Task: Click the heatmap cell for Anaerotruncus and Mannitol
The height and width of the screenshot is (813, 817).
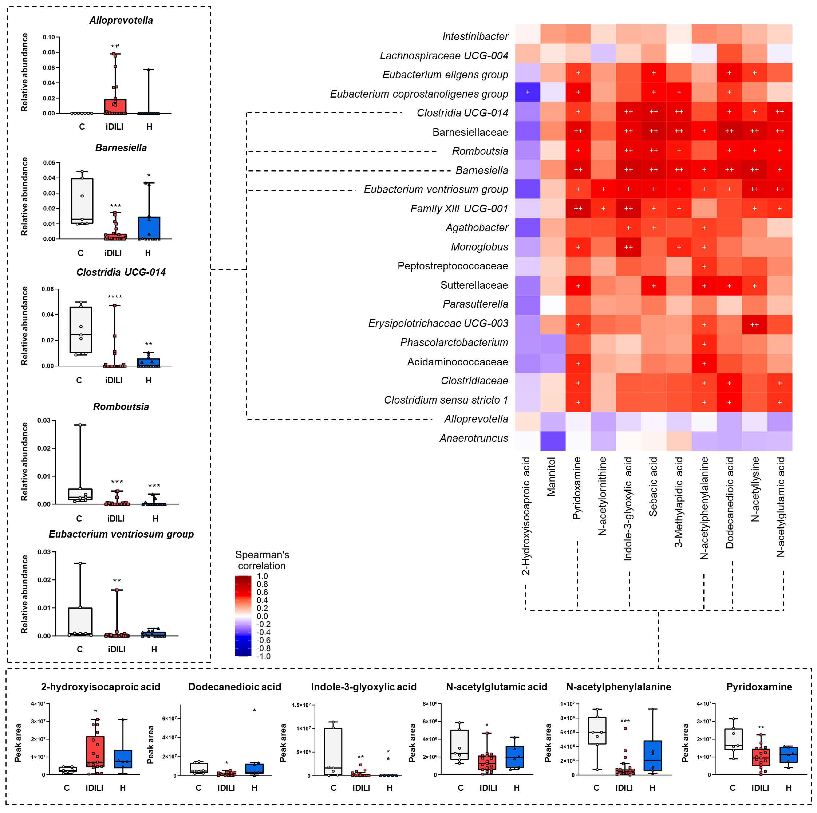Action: click(553, 441)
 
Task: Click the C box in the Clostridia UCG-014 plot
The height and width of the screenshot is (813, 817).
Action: click(81, 330)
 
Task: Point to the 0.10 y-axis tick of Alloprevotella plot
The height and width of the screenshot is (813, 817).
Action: click(49, 37)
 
